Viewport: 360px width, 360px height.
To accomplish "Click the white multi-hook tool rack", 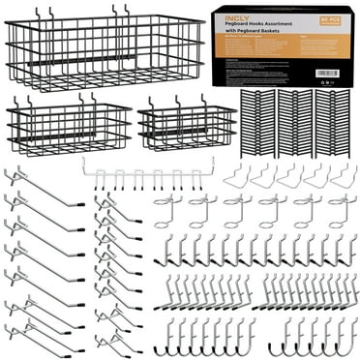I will (146, 175).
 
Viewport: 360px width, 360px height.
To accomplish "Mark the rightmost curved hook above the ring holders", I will (338, 177).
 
